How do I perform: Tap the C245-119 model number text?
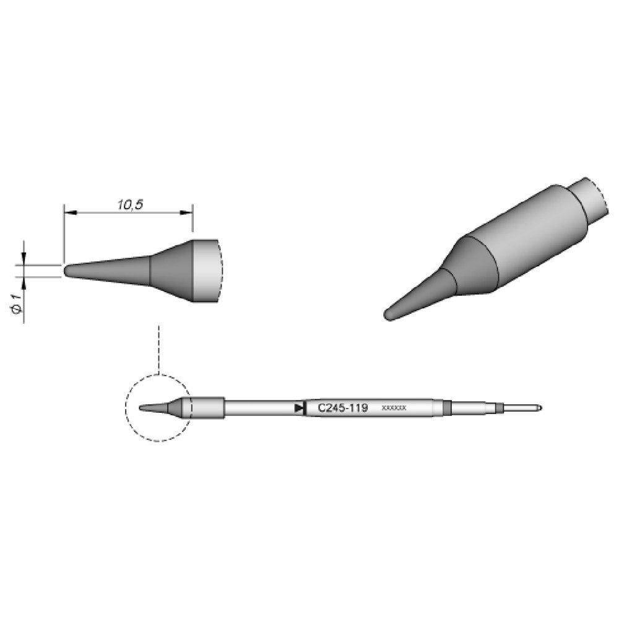[x=342, y=408]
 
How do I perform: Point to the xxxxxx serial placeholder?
[x=394, y=409]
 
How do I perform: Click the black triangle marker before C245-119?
[x=300, y=408]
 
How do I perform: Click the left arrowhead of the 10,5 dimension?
[x=68, y=213]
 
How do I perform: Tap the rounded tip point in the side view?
[x=66, y=271]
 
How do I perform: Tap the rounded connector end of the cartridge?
[x=541, y=408]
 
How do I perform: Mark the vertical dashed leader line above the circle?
[x=160, y=350]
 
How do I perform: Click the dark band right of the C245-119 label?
[x=445, y=408]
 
